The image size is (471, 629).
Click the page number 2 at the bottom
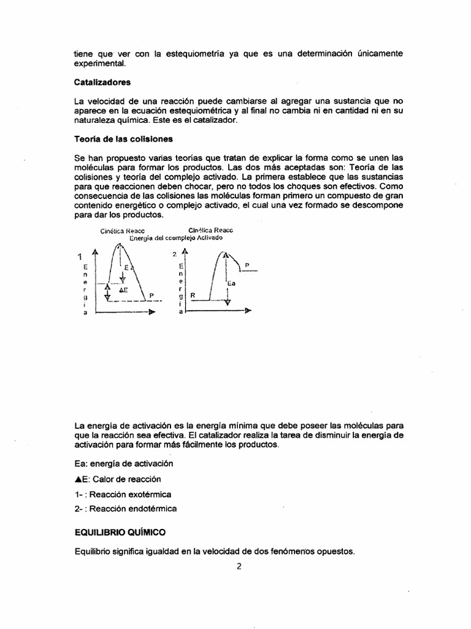coord(240,566)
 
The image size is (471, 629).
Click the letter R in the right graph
coord(193,295)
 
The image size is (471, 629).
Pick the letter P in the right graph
coord(247,265)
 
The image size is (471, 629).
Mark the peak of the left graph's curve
coord(120,246)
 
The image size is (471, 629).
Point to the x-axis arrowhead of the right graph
coord(248,311)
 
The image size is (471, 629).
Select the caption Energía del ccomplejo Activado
coord(176,237)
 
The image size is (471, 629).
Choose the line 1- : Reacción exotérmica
coord(123,494)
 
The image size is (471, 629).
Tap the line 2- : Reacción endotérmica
coord(125,509)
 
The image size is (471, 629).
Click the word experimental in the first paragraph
coord(99,63)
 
